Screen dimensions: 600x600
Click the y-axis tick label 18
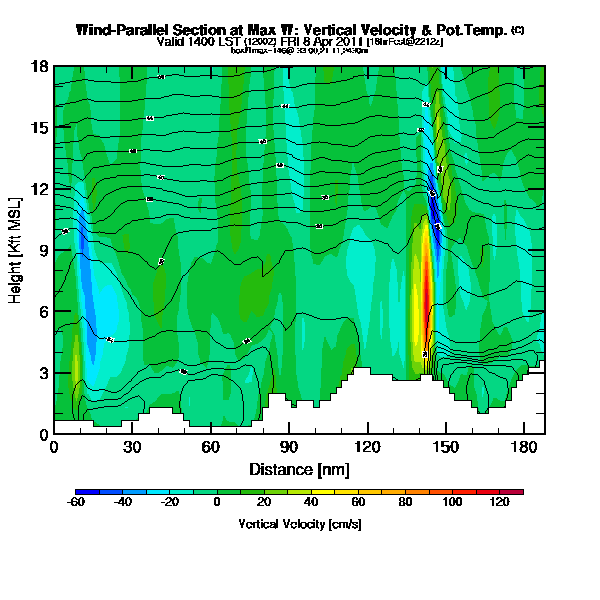[41, 67]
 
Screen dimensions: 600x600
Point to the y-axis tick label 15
[41, 128]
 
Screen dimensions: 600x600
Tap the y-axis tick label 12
[41, 189]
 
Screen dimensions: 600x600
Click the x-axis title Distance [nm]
[299, 468]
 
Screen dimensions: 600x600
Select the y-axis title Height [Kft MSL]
[17, 250]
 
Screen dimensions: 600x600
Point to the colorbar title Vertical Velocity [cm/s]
[299, 523]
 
